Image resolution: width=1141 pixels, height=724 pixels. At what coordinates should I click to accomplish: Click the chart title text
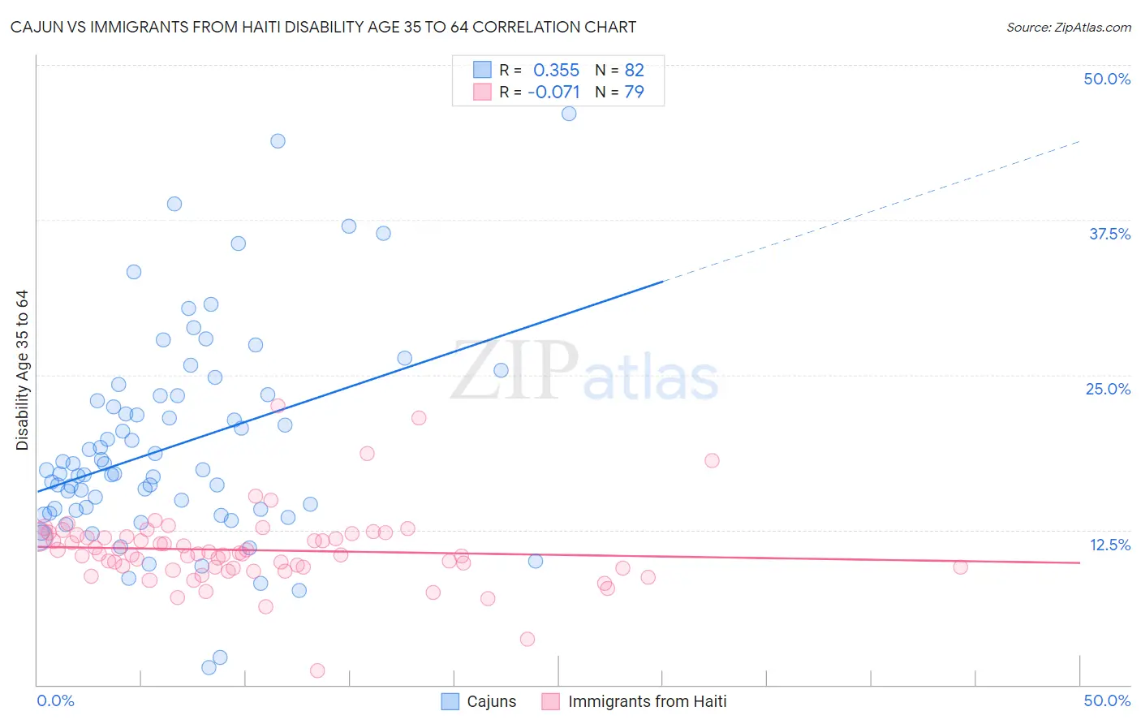click(323, 27)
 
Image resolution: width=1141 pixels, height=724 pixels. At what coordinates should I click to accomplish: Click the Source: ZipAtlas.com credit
click(1068, 27)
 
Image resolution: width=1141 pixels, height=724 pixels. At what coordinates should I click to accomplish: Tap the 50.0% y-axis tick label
click(1107, 79)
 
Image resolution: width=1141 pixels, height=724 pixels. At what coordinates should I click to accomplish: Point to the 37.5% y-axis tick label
click(1109, 234)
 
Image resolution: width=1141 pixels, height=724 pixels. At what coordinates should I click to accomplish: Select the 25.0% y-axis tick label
click(1108, 389)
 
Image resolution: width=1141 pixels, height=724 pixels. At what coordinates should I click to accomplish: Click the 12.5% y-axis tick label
click(1109, 545)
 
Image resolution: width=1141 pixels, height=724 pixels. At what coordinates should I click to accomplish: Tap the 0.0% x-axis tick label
click(55, 700)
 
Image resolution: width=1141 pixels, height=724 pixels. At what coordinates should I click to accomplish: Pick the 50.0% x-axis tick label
click(1107, 700)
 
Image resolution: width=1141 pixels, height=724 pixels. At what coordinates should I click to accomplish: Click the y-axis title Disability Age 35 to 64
click(22, 370)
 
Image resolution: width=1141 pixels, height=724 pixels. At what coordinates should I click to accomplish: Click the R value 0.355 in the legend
click(556, 70)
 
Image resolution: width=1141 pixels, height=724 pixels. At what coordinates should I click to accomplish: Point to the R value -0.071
click(553, 92)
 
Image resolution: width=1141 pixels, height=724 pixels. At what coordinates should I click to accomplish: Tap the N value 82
click(634, 70)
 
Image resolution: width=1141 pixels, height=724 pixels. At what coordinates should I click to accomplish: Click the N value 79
click(634, 92)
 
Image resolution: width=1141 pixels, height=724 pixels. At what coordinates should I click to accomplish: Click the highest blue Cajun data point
click(569, 114)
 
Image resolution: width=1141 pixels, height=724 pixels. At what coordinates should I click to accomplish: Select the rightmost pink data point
click(960, 567)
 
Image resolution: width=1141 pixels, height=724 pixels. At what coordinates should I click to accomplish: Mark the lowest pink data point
click(317, 670)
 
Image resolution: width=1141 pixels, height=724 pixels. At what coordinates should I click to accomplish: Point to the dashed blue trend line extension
click(872, 211)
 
